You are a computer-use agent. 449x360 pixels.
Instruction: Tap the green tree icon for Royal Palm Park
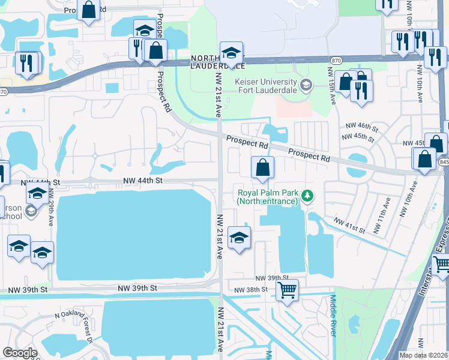point(307,195)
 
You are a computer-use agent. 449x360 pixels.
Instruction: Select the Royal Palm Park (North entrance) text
point(267,197)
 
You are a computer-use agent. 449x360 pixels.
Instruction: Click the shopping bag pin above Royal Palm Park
point(262,168)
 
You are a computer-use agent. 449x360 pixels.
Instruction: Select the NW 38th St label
point(252,290)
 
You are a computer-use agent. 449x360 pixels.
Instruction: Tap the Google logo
point(20,353)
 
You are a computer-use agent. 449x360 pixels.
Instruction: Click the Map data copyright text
point(423,355)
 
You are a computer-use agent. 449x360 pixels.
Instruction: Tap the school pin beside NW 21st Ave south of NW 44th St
point(239,238)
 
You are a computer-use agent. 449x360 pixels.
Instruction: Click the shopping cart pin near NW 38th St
point(288,291)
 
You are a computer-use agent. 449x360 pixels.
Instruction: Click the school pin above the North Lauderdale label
point(231,52)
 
